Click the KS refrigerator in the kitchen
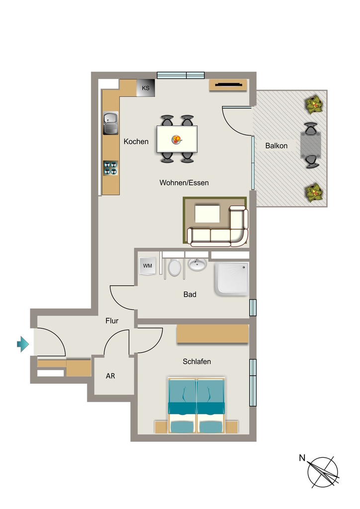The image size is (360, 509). (x=145, y=88)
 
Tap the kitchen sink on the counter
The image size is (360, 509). (x=111, y=123)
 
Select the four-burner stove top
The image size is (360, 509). (x=111, y=168)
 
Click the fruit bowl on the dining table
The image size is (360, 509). (x=177, y=140)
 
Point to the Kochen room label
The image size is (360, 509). (x=136, y=142)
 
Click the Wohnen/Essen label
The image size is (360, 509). (x=184, y=183)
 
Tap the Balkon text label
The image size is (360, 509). (x=276, y=146)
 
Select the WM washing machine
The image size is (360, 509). (x=147, y=266)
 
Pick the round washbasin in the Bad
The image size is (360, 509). (x=197, y=264)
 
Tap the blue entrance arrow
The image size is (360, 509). (x=23, y=344)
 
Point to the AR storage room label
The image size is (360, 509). (x=110, y=376)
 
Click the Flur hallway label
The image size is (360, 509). (x=112, y=321)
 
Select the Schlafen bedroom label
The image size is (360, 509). (x=197, y=362)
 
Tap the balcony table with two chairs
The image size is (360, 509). (x=311, y=145)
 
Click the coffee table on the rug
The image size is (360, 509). (x=207, y=213)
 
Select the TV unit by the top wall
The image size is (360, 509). (x=228, y=85)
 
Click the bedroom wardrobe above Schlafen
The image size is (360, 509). (x=213, y=334)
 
